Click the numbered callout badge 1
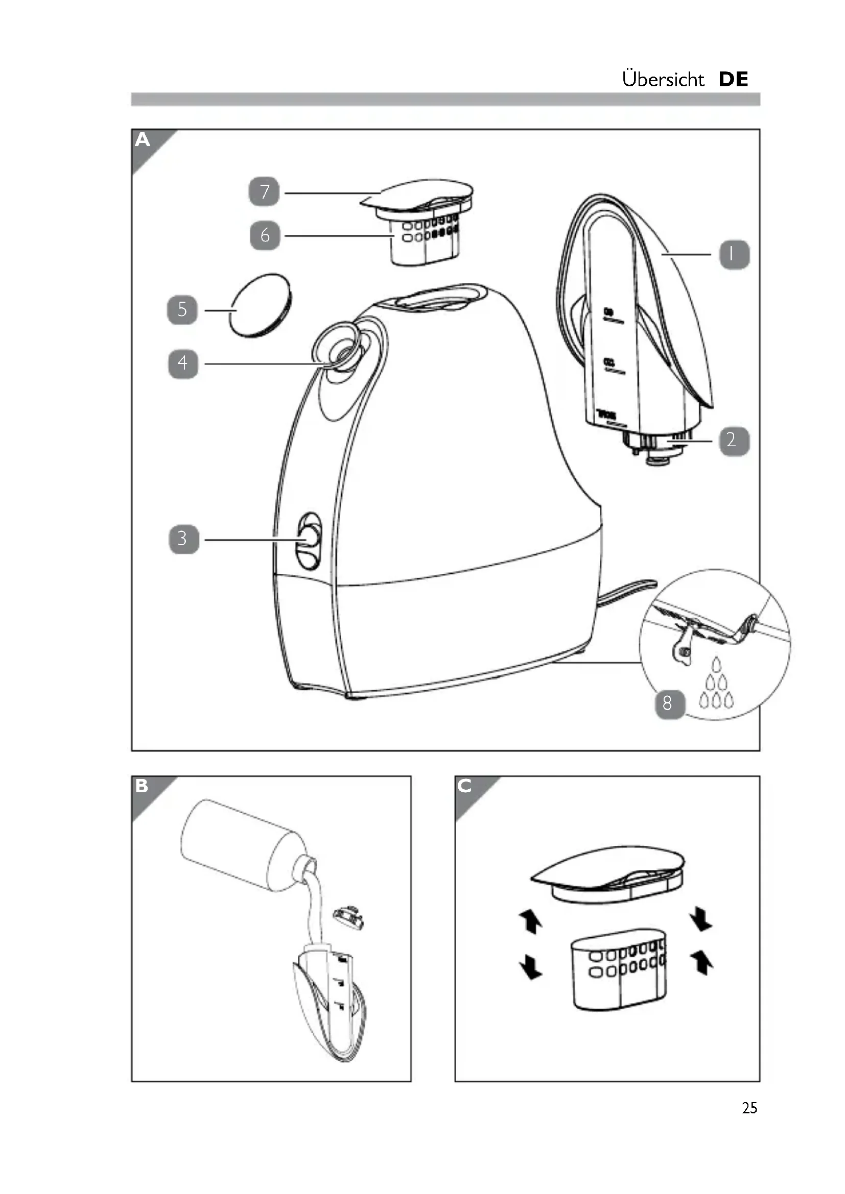(734, 254)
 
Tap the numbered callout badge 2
(734, 441)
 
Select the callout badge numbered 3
(184, 539)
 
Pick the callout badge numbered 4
(182, 363)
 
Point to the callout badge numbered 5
(182, 309)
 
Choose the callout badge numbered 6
(265, 235)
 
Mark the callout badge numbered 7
(264, 192)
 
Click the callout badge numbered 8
(669, 703)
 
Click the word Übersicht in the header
(663, 79)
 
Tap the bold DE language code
(733, 79)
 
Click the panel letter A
(143, 140)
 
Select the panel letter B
(142, 786)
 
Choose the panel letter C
(464, 786)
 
